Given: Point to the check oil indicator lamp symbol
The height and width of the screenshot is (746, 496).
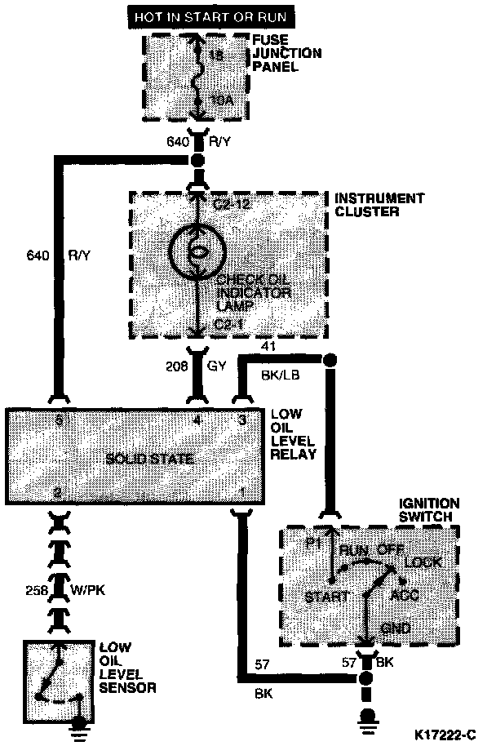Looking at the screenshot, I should click(x=196, y=249).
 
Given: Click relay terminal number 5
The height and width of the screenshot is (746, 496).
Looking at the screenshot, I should click(x=58, y=423).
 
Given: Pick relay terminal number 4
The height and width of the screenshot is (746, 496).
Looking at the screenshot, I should click(x=196, y=423).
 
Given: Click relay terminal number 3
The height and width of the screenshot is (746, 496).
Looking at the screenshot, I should click(x=241, y=423).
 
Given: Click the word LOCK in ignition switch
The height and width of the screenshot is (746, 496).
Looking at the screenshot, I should click(x=423, y=562).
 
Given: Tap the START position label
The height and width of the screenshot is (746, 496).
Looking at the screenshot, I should click(x=327, y=597).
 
